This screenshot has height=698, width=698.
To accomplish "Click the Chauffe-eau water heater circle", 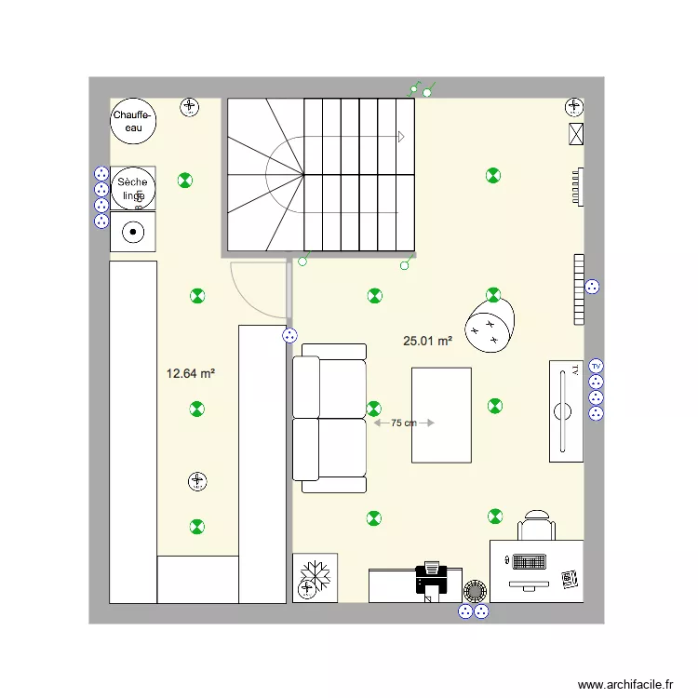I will point(133,121).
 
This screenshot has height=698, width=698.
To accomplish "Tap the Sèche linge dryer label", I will point(132,189).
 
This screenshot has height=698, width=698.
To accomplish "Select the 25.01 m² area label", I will point(427,342).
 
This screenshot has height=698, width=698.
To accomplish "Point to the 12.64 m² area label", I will point(191,374).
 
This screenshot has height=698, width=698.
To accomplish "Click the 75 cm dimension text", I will point(403,423).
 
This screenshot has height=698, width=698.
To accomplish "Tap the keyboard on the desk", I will point(529,563).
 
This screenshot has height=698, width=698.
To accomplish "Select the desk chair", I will point(537,526).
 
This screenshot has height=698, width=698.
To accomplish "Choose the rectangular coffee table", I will point(441,414).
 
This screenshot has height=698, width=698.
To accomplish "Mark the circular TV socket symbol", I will point(597,366).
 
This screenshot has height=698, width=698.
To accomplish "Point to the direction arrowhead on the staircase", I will point(401,137).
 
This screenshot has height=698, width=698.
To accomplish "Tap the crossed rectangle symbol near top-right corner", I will point(575,134).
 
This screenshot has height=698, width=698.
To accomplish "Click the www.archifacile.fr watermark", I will point(624,684).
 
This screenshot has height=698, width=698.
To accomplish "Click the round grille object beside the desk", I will point(475,590).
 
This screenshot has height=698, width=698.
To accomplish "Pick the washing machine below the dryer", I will point(133,232).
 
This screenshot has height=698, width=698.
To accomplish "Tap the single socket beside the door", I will point(289,335).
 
